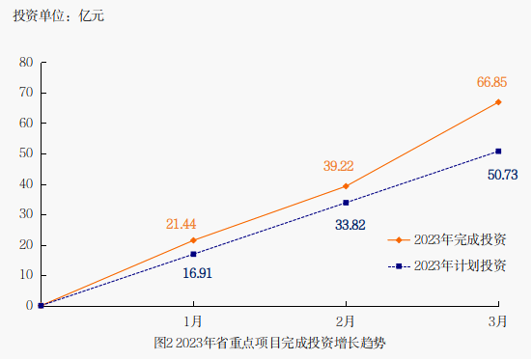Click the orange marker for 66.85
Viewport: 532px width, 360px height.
(498, 101)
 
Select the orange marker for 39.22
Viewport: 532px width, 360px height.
(346, 185)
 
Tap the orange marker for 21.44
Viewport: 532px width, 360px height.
(193, 240)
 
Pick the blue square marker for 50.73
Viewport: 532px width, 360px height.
(498, 151)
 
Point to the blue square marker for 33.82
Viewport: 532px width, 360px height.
(346, 203)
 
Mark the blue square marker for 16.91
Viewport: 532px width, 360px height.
(193, 254)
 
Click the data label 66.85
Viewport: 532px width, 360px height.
(492, 83)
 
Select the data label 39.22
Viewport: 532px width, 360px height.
(339, 166)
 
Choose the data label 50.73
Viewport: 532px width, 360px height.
(503, 175)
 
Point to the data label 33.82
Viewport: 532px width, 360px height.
(350, 225)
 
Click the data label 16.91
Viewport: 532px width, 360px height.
(197, 273)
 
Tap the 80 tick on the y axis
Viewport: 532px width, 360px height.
(27, 63)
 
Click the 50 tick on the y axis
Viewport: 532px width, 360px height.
(27, 153)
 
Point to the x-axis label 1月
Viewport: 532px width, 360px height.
(193, 320)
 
